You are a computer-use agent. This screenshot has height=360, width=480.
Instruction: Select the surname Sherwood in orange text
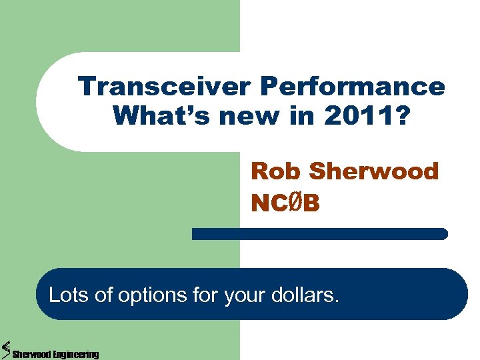374,171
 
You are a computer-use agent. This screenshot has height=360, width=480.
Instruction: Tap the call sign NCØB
285,203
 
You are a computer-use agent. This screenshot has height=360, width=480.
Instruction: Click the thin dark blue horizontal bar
319,233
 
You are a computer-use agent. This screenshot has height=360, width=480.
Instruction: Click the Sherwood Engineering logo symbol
6,348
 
